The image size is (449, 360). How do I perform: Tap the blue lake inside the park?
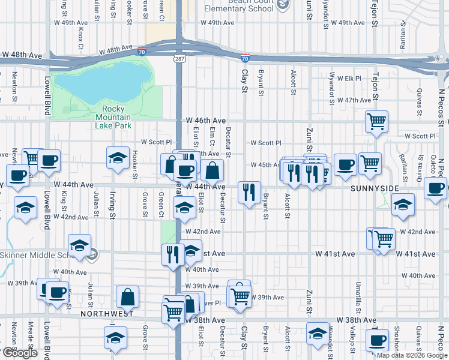(102, 81)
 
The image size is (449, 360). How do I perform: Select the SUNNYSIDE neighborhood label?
(373, 188)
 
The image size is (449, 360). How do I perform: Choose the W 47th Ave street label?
(355, 100)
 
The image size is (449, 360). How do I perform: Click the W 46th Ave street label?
(205, 121)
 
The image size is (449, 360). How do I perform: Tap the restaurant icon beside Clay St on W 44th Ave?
(249, 193)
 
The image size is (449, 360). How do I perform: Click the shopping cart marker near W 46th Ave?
(376, 122)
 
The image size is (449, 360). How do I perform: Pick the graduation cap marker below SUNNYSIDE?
(403, 205)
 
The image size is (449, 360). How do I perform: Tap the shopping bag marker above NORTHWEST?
(128, 296)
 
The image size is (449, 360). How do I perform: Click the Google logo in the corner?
(19, 353)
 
